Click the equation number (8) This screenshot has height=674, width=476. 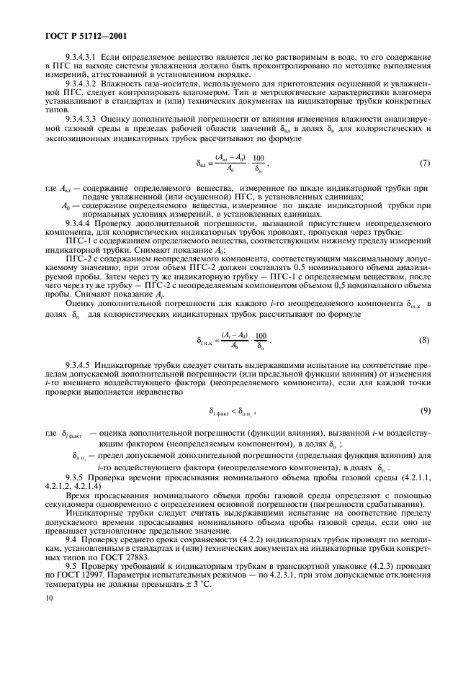click(423, 338)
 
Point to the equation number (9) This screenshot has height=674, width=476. click(423, 410)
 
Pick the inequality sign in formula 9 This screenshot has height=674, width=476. click(234, 410)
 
